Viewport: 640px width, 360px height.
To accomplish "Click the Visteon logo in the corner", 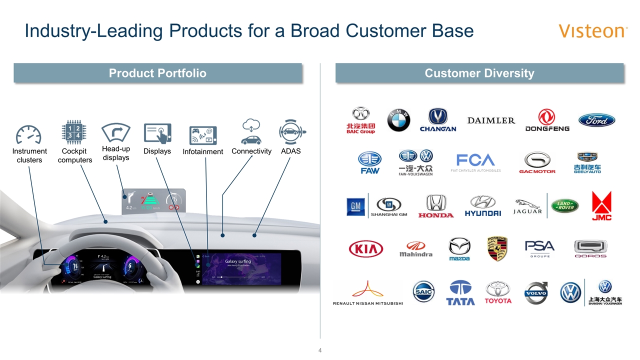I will pyautogui.click(x=593, y=31).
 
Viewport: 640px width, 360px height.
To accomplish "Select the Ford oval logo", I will pyautogui.click(x=596, y=120).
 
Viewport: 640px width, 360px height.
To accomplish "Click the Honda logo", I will pyautogui.click(x=435, y=206).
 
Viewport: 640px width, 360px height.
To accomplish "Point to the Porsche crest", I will pyautogui.click(x=497, y=248).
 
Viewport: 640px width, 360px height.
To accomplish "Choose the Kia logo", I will pyautogui.click(x=365, y=248).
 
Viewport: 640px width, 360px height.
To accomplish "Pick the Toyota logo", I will pyautogui.click(x=498, y=292).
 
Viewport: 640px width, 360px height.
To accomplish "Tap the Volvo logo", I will pyautogui.click(x=535, y=292).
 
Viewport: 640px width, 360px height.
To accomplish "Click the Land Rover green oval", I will pyautogui.click(x=564, y=205).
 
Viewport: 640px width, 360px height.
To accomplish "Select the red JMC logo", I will pyautogui.click(x=601, y=205).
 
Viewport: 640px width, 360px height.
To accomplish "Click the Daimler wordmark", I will pyautogui.click(x=491, y=120).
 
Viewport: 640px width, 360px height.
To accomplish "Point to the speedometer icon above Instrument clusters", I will pyautogui.click(x=28, y=134).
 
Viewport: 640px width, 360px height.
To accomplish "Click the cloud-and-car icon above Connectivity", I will pyautogui.click(x=251, y=132).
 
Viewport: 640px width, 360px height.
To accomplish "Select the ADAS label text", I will pyautogui.click(x=291, y=151).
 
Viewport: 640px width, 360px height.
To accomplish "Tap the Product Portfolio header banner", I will pyautogui.click(x=157, y=73).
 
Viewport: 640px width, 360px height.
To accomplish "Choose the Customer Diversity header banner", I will pyautogui.click(x=479, y=73).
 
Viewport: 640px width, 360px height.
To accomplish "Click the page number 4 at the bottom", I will pyautogui.click(x=320, y=349).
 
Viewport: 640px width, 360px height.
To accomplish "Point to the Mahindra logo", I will pyautogui.click(x=415, y=248).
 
